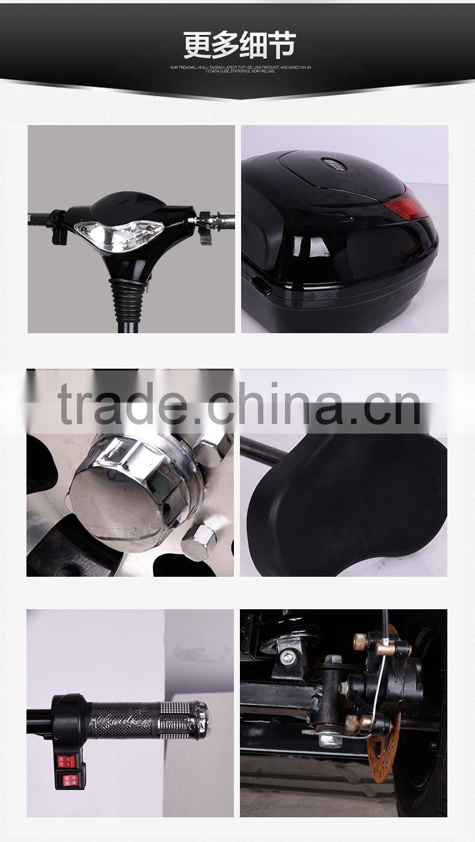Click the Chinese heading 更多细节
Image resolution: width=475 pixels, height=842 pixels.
point(239,45)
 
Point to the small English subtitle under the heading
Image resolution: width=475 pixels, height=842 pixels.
point(239,69)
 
